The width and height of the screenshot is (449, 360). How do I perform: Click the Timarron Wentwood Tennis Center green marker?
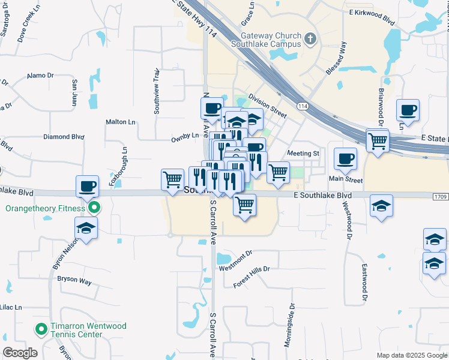click(41, 329)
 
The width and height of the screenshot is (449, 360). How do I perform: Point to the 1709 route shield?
click(440, 196)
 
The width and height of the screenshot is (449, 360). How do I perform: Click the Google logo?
click(20, 353)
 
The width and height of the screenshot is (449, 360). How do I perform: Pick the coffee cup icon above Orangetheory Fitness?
click(88, 186)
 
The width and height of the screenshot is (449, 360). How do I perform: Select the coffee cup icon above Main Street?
click(345, 158)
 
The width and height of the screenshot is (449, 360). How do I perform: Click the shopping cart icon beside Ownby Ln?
click(173, 179)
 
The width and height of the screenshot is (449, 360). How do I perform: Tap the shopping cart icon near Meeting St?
click(278, 172)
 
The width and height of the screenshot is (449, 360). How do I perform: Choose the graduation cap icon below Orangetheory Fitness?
click(86, 229)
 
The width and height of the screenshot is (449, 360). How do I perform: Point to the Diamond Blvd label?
click(64, 137)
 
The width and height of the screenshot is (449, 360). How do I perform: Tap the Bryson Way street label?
click(74, 280)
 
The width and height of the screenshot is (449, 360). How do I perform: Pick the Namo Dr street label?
click(40, 76)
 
